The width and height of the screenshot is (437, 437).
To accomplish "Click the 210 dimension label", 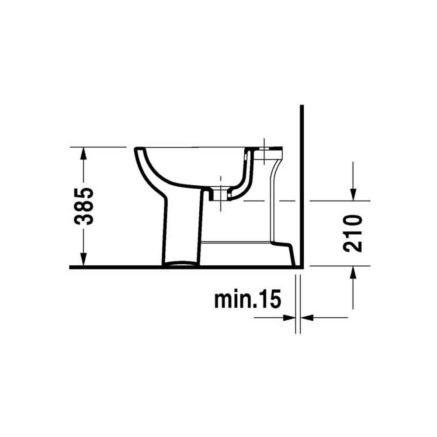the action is (x=353, y=233).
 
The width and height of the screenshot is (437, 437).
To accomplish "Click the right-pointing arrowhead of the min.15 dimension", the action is (x=289, y=317).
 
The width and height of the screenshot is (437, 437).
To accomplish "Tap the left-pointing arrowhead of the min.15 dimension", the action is (x=307, y=317).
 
